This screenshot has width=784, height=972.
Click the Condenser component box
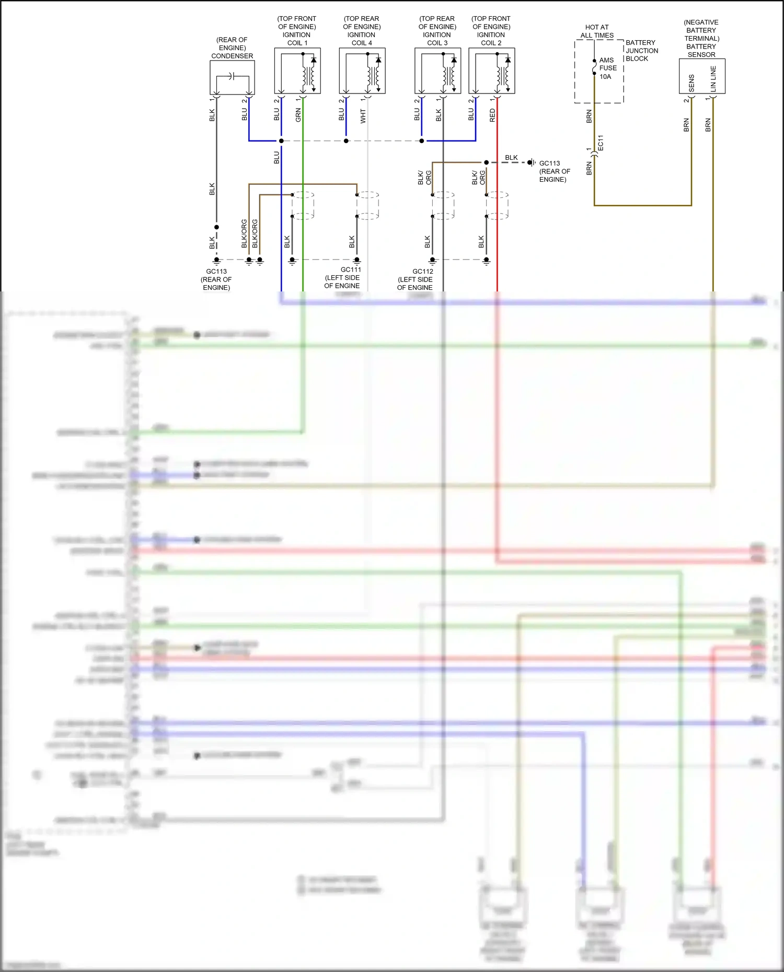coord(232,77)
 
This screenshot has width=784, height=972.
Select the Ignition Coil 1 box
coord(297,71)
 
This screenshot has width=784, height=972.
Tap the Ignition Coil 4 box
coord(362,71)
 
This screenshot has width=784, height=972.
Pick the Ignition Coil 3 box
coord(437,71)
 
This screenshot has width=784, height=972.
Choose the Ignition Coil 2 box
coord(491,71)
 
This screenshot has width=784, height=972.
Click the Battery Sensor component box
coord(702,76)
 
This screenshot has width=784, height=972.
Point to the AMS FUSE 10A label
coord(607,68)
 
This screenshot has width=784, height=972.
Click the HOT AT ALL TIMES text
coord(597,31)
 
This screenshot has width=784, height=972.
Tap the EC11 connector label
coord(601,143)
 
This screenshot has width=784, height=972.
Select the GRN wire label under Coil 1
coord(298,115)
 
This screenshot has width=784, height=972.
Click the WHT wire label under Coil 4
coord(363,116)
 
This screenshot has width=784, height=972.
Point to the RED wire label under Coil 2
coord(492,115)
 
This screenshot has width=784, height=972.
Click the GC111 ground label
coord(351,270)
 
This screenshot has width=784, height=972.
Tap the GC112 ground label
coord(423,271)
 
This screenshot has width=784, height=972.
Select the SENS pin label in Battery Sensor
coord(691,83)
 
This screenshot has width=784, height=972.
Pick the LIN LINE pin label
coord(713,79)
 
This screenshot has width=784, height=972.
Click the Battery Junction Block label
coord(641,51)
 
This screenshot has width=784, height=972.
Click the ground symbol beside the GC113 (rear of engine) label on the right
coord(531,162)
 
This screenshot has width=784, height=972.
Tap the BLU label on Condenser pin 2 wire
coord(245,114)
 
